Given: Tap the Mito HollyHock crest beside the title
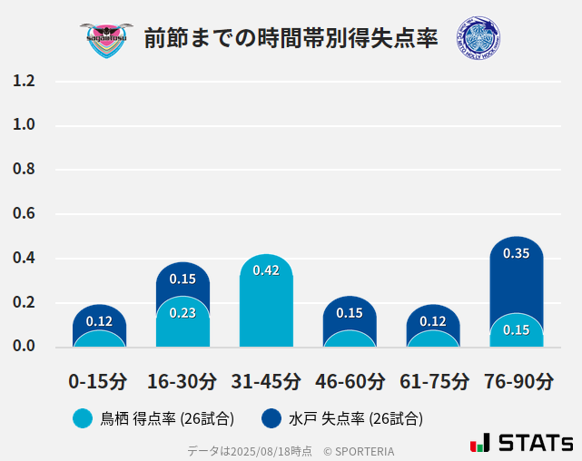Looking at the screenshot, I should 478,38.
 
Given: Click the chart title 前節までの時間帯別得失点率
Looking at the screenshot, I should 291,38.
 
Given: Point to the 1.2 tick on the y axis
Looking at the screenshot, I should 24,81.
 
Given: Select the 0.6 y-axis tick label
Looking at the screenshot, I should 24,214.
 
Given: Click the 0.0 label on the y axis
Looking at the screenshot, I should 24,347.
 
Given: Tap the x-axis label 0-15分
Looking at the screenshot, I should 99,380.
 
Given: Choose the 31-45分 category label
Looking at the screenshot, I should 266,380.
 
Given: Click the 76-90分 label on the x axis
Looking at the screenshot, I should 518,380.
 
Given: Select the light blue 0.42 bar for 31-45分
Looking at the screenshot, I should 266,309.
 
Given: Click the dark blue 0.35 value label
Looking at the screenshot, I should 516,253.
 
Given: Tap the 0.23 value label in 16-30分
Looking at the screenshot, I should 182,312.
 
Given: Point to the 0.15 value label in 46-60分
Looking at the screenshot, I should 350,312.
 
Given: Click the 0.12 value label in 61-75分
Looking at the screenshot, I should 433,320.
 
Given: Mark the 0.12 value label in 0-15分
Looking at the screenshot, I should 99,320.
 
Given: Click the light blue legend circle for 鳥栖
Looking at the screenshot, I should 83,418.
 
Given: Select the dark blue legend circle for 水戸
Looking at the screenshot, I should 271,418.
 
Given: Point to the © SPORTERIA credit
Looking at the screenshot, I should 359,450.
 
